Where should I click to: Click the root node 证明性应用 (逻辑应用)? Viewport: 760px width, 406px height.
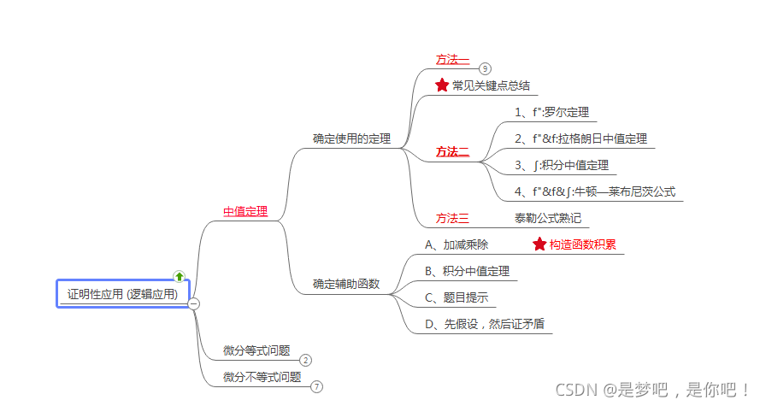pyautogui.click(x=122, y=294)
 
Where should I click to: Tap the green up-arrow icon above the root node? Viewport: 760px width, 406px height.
pyautogui.click(x=179, y=276)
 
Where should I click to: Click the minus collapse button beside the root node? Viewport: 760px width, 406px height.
pyautogui.click(x=194, y=303)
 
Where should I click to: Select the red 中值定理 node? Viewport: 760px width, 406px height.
pyautogui.click(x=245, y=211)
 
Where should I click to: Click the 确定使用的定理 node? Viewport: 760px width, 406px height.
pyautogui.click(x=351, y=138)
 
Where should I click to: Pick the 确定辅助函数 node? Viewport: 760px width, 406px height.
pyautogui.click(x=346, y=284)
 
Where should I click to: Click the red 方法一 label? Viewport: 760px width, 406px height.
pyautogui.click(x=452, y=59)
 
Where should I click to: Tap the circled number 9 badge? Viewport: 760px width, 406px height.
pyautogui.click(x=485, y=68)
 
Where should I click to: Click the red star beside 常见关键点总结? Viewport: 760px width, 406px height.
pyautogui.click(x=442, y=85)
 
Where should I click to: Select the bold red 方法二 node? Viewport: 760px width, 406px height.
pyautogui.click(x=452, y=151)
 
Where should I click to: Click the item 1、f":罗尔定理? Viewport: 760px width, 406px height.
pyautogui.click(x=551, y=112)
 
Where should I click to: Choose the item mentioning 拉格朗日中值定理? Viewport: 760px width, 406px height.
pyautogui.click(x=580, y=138)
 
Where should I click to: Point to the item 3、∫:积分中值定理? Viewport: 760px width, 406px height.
pyautogui.click(x=562, y=165)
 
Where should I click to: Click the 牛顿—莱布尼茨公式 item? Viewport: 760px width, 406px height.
pyautogui.click(x=595, y=191)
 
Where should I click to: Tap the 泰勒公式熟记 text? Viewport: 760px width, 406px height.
pyautogui.click(x=548, y=218)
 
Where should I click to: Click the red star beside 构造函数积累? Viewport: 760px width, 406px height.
pyautogui.click(x=539, y=244)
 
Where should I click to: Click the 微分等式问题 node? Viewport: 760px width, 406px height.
pyautogui.click(x=256, y=350)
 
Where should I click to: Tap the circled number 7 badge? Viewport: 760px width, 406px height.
pyautogui.click(x=317, y=386)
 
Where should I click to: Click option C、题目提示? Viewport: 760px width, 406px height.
pyautogui.click(x=456, y=297)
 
